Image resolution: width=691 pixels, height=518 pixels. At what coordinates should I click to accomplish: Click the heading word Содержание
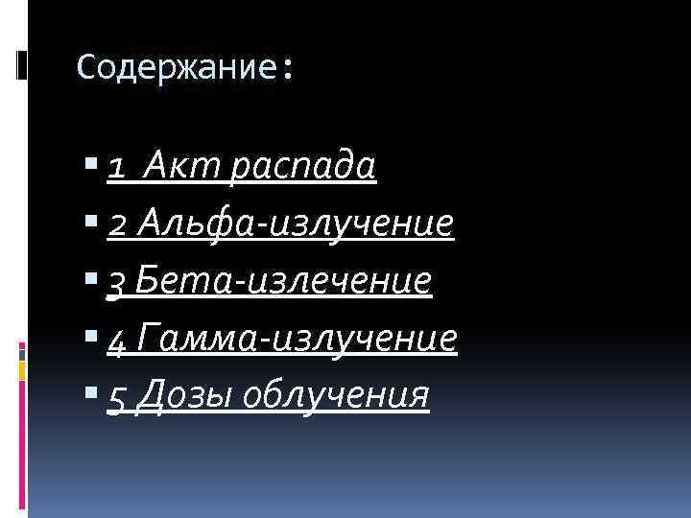click(x=177, y=67)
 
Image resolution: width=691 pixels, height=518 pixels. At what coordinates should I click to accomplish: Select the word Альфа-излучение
click(x=296, y=224)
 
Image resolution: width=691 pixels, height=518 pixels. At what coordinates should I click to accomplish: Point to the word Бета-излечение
click(x=284, y=280)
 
